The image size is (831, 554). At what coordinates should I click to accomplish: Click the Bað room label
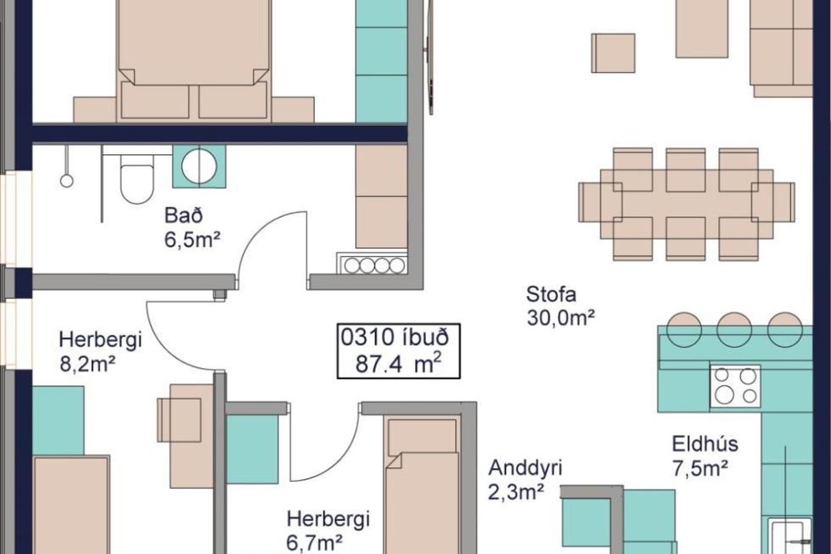tap(184, 215)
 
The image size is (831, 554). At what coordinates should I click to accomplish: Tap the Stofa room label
tap(551, 294)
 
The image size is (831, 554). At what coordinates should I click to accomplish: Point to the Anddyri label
tap(525, 467)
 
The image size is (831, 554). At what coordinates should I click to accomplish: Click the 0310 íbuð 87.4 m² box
tap(399, 351)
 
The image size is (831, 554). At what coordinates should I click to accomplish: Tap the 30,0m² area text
tap(560, 318)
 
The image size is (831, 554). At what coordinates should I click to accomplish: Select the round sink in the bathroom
tap(199, 166)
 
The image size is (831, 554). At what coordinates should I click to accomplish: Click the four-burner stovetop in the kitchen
tap(735, 386)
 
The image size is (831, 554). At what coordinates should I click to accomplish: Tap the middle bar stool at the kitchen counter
tap(734, 329)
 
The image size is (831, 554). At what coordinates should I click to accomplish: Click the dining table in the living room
tap(686, 204)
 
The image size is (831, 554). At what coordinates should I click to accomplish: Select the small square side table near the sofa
tap(613, 53)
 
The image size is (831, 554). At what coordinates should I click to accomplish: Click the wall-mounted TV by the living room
tap(430, 56)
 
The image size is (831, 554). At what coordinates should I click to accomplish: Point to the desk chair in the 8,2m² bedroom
tap(179, 420)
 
